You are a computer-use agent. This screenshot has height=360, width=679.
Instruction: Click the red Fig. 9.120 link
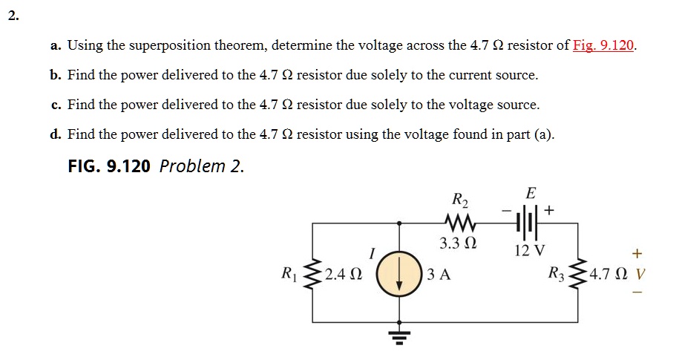coord(604,45)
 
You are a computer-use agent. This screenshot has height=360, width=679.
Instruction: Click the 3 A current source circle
coord(399,275)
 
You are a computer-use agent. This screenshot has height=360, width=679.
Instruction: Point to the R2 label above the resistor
coord(460,199)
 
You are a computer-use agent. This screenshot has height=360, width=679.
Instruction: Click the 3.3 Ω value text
coord(458,243)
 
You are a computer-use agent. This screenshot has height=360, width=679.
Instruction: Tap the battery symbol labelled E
coord(528,221)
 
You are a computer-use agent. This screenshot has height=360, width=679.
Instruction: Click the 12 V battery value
coord(530,249)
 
